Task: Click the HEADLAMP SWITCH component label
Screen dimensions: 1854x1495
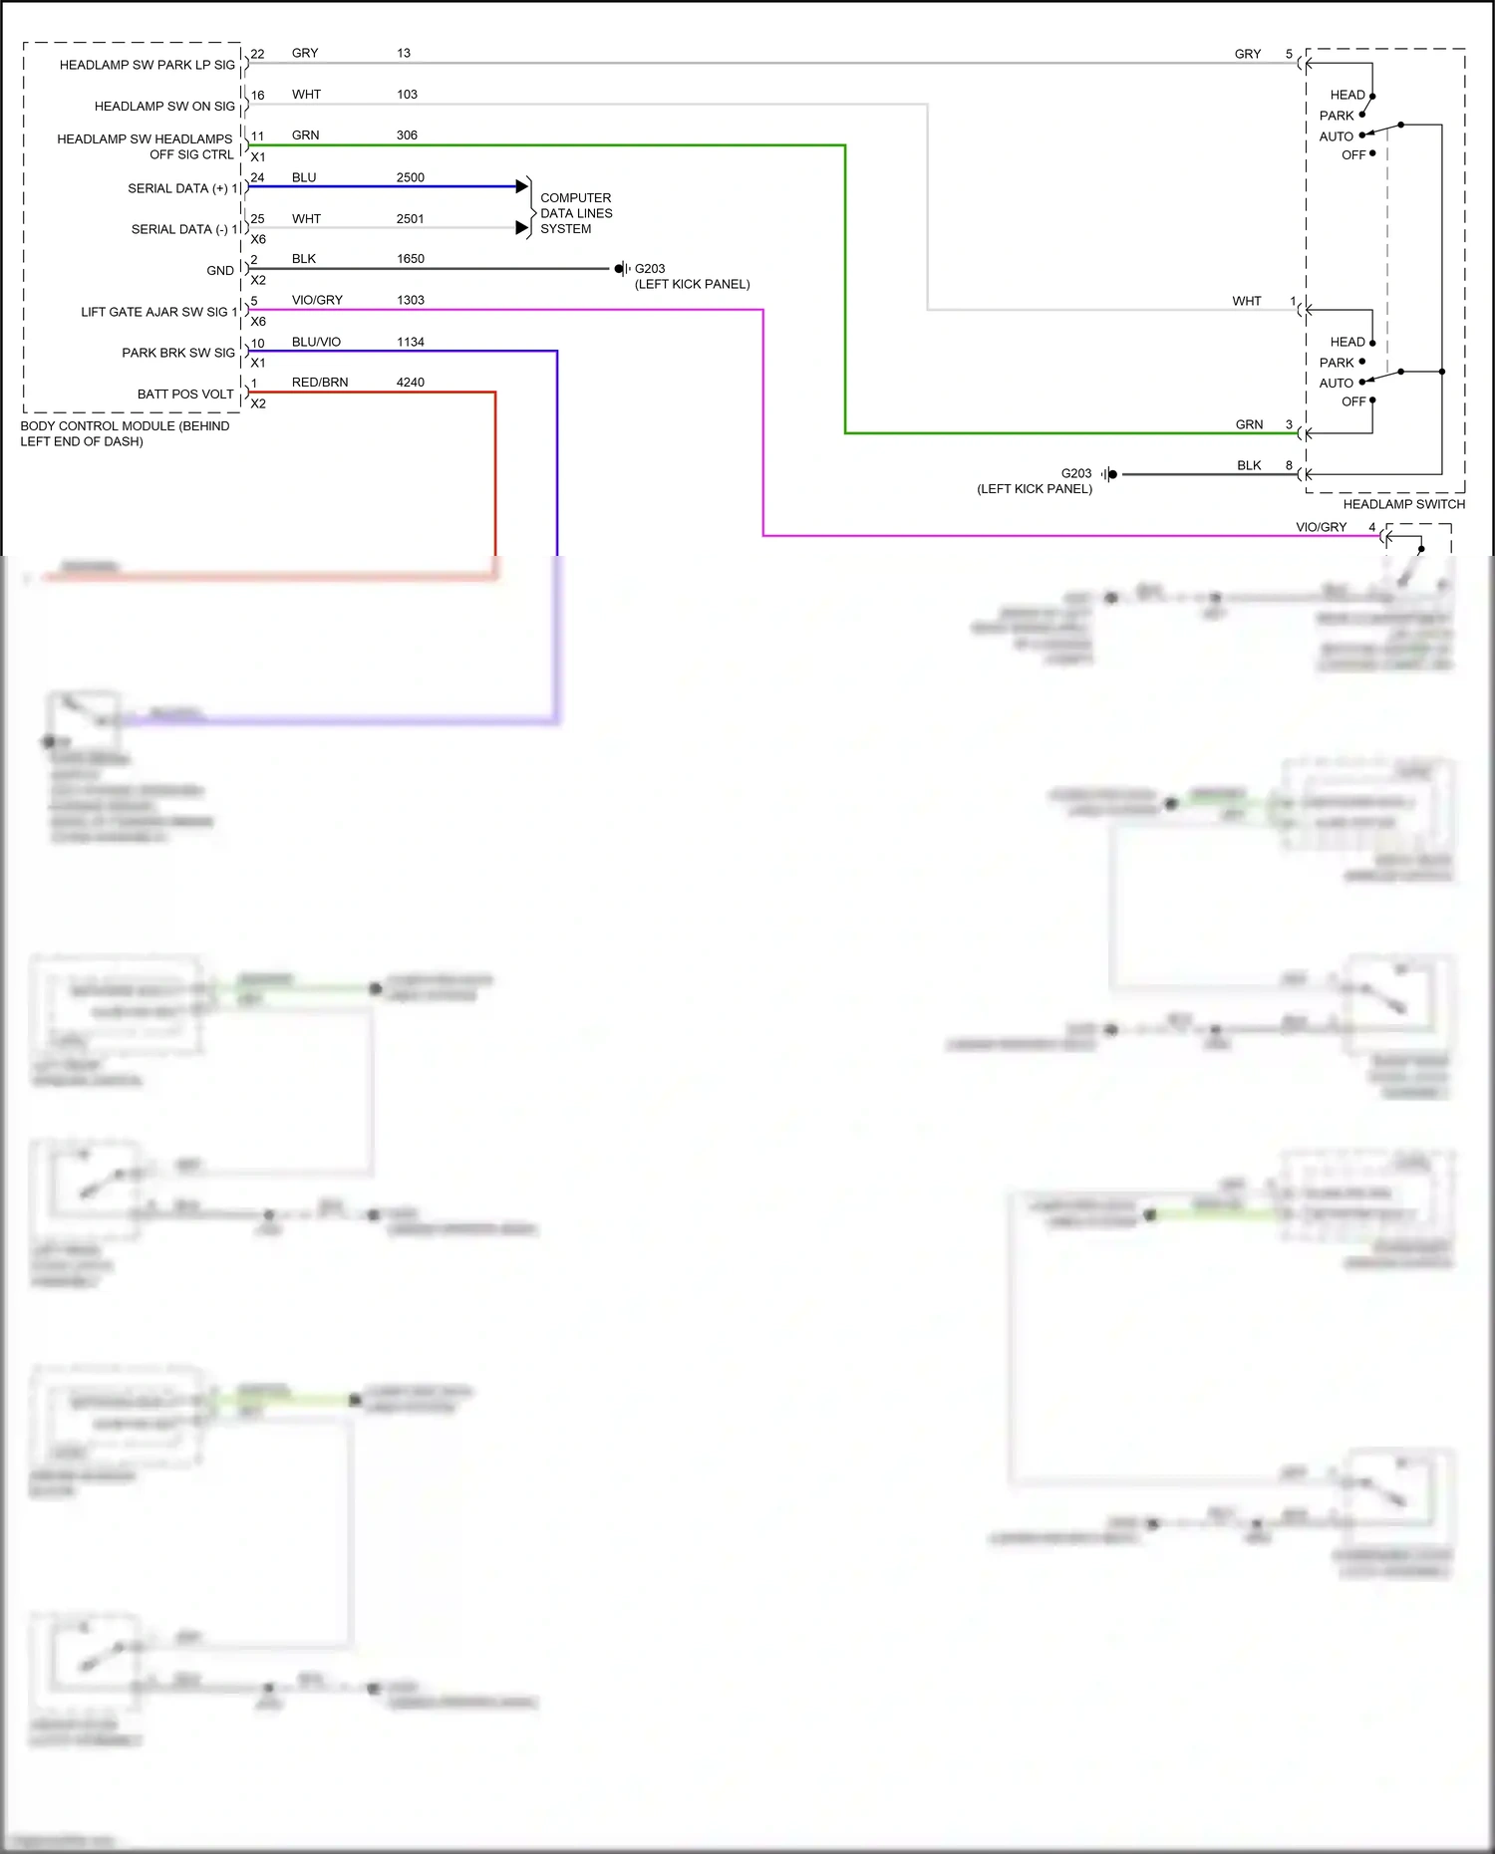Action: [1403, 504]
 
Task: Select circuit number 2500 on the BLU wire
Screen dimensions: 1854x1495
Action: [410, 177]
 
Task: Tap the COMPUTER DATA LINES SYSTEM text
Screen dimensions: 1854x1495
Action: [575, 213]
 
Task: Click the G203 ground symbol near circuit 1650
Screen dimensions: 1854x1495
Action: [621, 269]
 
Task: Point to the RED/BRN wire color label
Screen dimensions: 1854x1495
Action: [319, 383]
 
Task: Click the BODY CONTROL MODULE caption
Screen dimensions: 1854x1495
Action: [124, 433]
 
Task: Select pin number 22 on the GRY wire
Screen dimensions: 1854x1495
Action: [257, 54]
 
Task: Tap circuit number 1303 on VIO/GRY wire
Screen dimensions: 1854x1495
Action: [410, 300]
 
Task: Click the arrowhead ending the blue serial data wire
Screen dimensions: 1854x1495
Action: [521, 186]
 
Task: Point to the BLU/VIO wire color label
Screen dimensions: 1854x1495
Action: [316, 342]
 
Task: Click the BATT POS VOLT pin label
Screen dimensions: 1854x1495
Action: [185, 395]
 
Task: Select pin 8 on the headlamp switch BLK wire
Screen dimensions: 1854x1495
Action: [1289, 465]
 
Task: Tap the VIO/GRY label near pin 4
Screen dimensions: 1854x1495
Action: [1321, 527]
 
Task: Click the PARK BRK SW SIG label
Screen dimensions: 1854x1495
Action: [178, 353]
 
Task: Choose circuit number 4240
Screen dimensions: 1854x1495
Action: [410, 383]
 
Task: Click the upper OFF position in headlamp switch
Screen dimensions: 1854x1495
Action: [1352, 155]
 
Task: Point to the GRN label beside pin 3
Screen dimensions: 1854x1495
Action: [1249, 424]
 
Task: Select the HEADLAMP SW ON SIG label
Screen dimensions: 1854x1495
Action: [164, 107]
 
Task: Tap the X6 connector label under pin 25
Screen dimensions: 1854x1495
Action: [258, 239]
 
